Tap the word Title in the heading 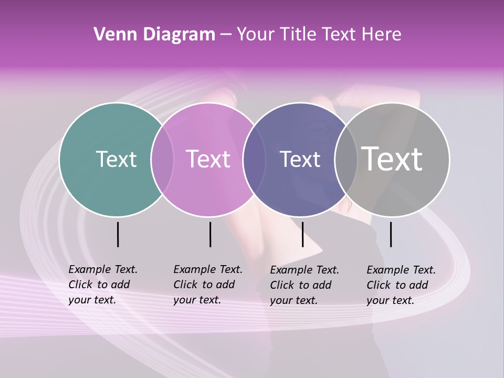point(299,35)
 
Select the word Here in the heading point(382,35)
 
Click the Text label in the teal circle point(116,159)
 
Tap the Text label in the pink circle point(208,159)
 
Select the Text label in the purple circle point(300,159)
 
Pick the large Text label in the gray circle point(392,159)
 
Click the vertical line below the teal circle point(118,234)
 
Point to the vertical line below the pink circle point(210,234)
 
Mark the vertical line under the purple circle point(302,234)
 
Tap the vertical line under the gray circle point(391,234)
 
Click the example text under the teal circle point(103,285)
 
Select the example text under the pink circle point(208,285)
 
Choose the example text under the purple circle point(304,285)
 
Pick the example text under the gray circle point(401,285)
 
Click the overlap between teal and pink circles point(162,159)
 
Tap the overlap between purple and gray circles point(346,159)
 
